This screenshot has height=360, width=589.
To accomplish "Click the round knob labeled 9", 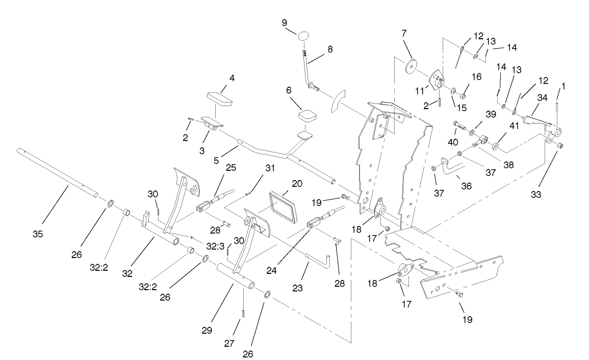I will coord(304,37).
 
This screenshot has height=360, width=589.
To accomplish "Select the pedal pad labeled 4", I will coord(220,98).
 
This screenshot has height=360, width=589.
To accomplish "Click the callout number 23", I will coord(298,288).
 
